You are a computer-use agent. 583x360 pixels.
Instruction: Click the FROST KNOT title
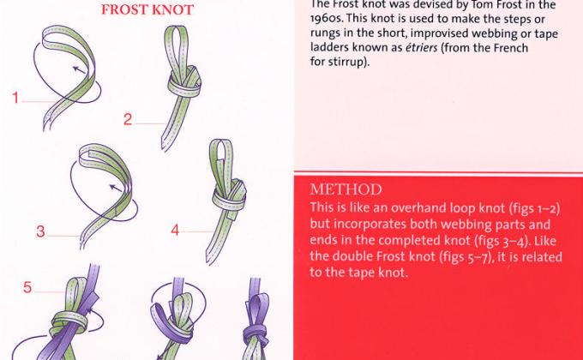click(x=147, y=10)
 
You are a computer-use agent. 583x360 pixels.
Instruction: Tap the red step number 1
click(x=15, y=99)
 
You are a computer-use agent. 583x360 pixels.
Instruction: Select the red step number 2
click(x=128, y=120)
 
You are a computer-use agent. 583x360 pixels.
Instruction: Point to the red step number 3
click(x=39, y=231)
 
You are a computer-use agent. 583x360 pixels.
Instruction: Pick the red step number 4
click(x=176, y=230)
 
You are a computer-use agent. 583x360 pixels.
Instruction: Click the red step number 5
click(x=27, y=287)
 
